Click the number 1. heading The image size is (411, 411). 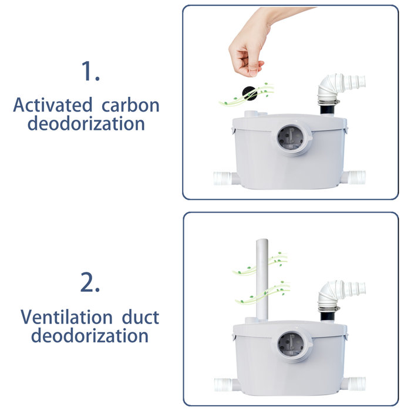[x=90, y=72]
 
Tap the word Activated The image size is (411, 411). [x=52, y=106]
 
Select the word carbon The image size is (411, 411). [x=130, y=106]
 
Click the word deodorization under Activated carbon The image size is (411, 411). [x=86, y=124]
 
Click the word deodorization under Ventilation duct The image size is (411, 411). [x=89, y=336]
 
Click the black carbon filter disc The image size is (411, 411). [x=249, y=93]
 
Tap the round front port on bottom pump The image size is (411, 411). [x=291, y=347]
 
